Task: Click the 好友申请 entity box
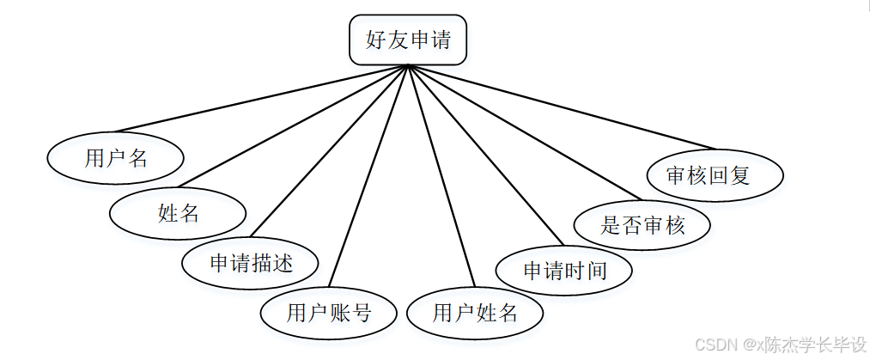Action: [408, 40]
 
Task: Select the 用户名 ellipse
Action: [116, 158]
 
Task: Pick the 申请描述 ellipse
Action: [251, 263]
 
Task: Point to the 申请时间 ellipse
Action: [564, 271]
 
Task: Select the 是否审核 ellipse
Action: [642, 226]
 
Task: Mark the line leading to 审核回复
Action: [563, 107]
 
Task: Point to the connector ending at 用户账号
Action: [369, 176]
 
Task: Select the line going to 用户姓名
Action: [441, 176]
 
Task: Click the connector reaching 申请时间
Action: [485, 155]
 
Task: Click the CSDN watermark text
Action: [780, 345]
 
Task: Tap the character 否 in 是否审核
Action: [631, 226]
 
